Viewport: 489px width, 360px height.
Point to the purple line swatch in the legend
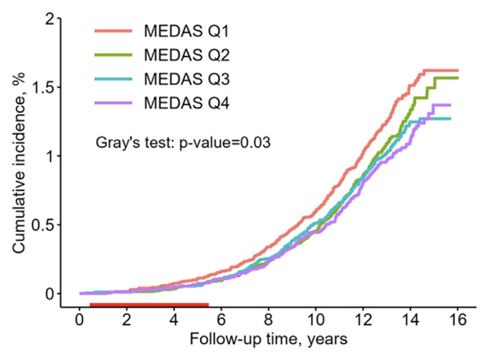(114, 104)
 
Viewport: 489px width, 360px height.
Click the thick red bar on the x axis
(149, 304)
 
